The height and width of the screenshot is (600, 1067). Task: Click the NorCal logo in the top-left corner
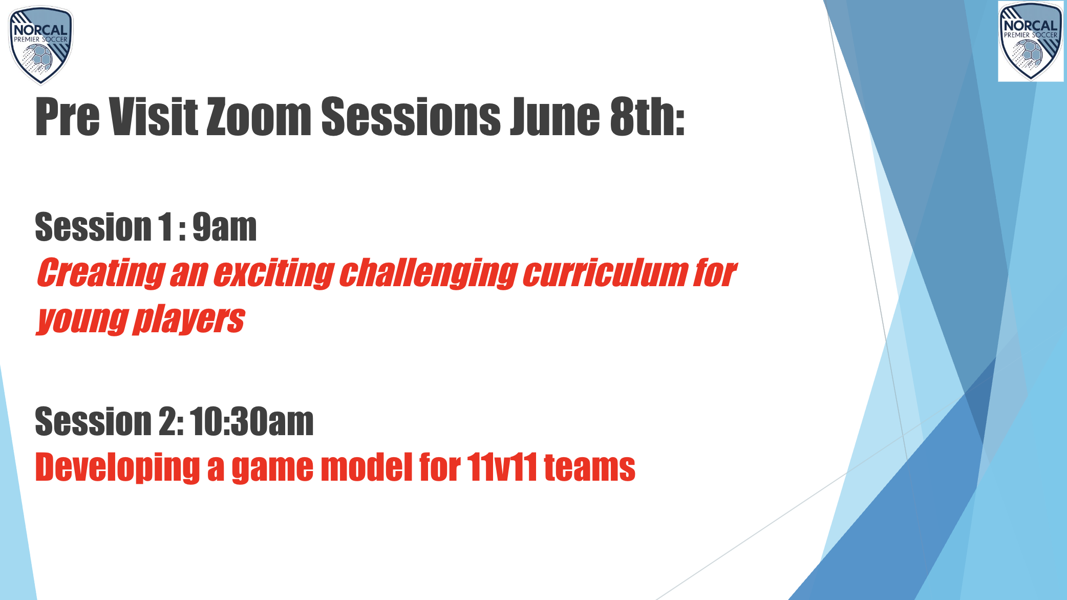click(41, 45)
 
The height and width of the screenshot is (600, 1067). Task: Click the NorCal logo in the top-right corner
click(1031, 41)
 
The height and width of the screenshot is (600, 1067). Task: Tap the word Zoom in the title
click(259, 117)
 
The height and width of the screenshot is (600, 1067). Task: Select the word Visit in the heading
click(154, 117)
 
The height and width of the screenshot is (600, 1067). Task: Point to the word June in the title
click(554, 117)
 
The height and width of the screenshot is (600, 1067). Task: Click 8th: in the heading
click(647, 117)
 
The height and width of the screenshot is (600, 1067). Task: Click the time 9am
click(224, 227)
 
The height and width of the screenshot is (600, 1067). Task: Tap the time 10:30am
click(252, 422)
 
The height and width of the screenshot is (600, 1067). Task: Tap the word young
click(82, 319)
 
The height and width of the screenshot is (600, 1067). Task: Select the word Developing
click(117, 467)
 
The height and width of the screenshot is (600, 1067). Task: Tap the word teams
click(589, 467)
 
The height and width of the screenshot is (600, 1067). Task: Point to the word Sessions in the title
click(411, 117)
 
